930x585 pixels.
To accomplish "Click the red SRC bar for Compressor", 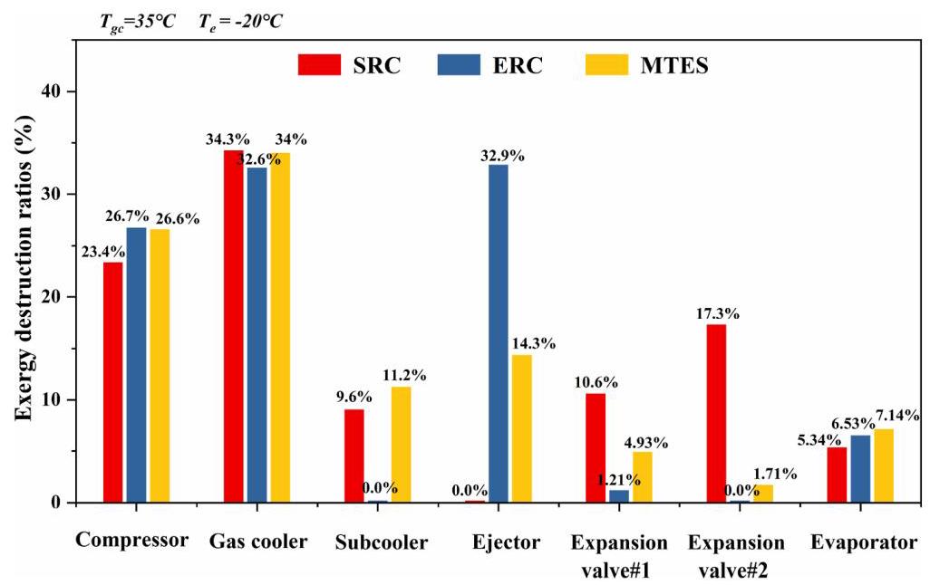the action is pos(112,382).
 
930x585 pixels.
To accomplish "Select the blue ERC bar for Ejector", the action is pos(499,333).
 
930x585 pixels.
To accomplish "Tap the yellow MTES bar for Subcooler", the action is pos(401,445).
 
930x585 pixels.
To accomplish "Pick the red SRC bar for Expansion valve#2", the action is pos(716,414).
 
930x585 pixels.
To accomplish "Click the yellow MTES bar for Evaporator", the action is pos(884,465).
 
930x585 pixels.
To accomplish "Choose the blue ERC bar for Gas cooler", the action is pos(257,335).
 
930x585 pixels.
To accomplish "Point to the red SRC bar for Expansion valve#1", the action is pos(596,448).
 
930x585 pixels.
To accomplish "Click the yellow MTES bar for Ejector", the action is pos(522,428).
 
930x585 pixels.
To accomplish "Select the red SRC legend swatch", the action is pos(320,64).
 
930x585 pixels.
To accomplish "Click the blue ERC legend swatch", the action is pos(459,64).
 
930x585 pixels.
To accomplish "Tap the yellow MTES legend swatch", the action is pos(606,64).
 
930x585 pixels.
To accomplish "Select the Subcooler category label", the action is pos(382,542).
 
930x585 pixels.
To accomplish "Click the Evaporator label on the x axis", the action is pos(864,542).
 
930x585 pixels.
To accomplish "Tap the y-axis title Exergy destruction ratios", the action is pos(24,268).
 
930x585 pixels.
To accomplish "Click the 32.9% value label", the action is pos(502,156).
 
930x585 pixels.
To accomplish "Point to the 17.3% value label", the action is pos(718,313).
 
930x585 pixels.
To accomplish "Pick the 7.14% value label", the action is pos(896,415).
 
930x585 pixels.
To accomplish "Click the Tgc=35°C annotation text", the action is pos(138,23).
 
